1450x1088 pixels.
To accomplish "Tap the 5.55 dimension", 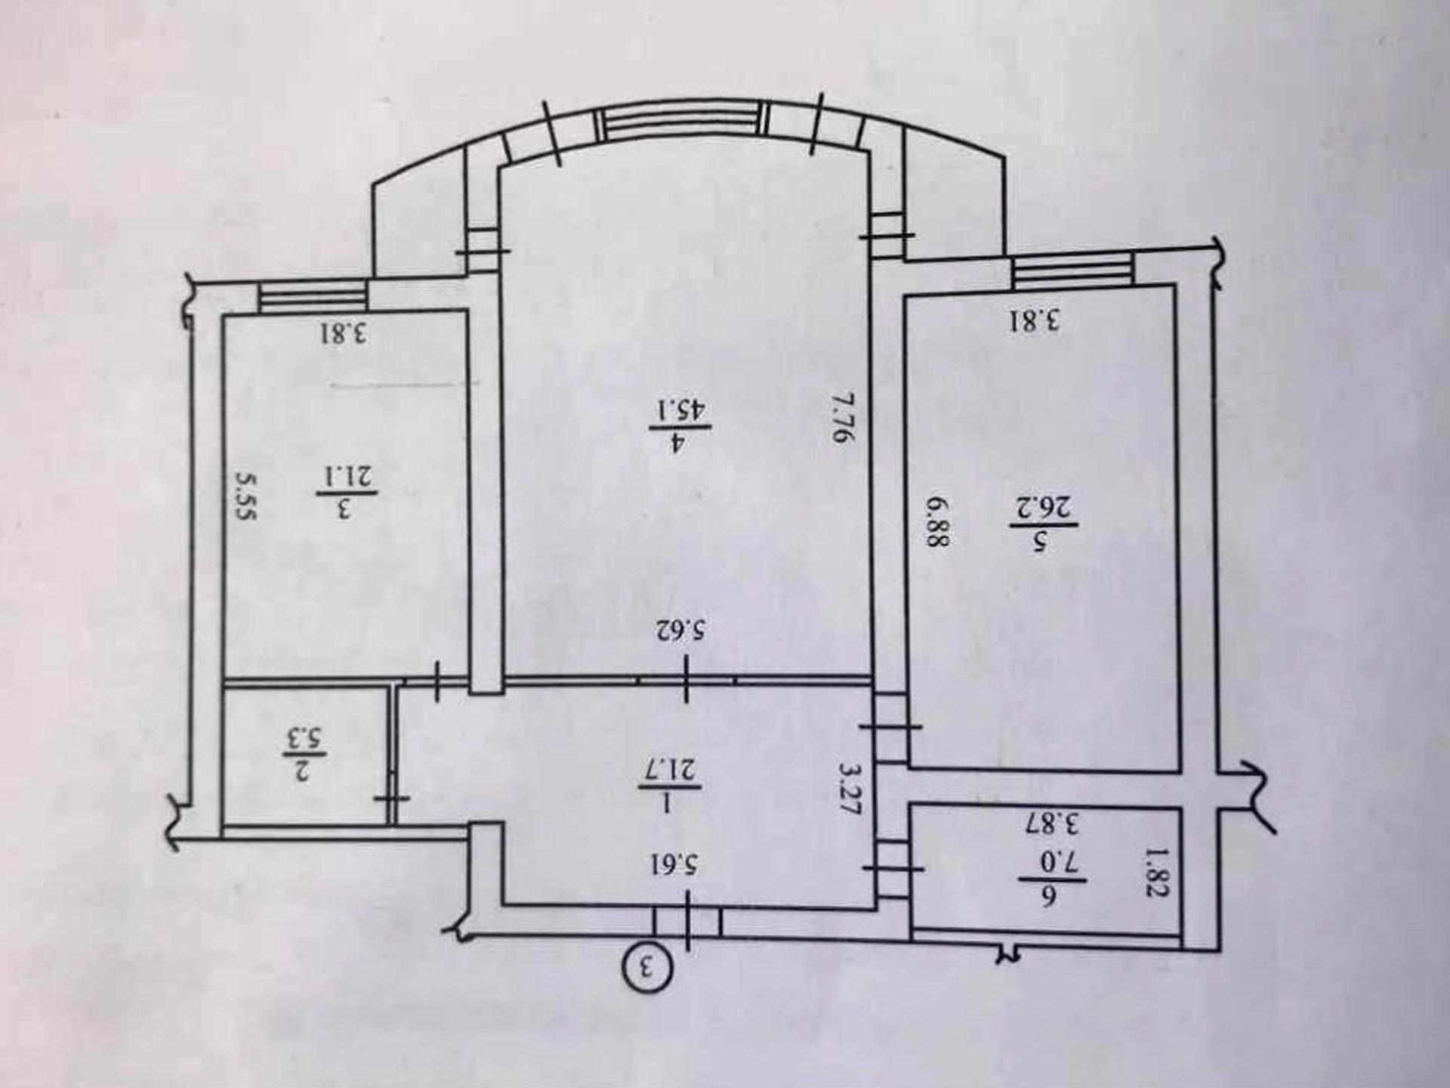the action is (246, 496).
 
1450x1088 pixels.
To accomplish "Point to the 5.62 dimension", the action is (685, 629).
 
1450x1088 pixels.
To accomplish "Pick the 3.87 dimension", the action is (1054, 822).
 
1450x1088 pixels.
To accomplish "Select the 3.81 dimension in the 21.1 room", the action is (342, 333).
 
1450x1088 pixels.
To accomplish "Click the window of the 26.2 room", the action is (1073, 270).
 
